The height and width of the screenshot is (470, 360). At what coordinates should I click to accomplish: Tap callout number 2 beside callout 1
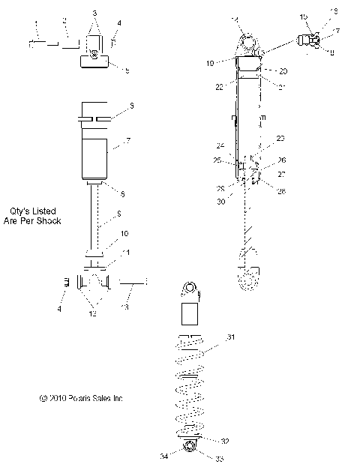(64, 19)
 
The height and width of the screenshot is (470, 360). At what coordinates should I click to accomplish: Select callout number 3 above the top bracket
(94, 13)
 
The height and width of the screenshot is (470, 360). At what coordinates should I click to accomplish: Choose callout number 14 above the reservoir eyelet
(235, 19)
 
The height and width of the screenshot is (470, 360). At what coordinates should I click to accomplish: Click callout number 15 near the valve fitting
(304, 16)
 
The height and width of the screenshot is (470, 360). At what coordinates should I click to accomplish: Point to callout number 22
(218, 88)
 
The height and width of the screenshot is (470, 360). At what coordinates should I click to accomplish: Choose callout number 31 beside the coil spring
(231, 338)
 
